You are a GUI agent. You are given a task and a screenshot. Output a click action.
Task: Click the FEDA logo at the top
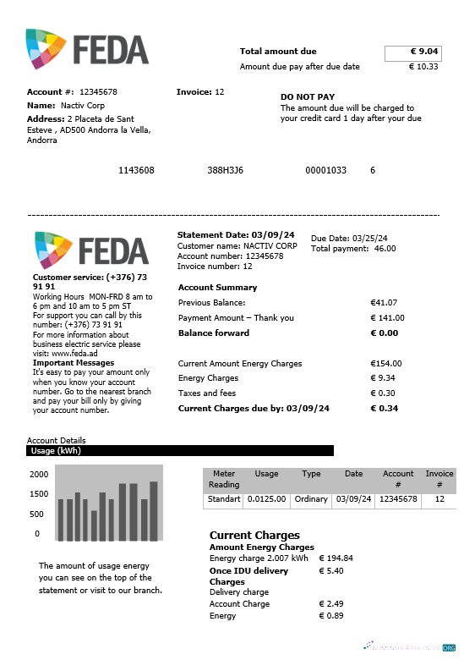point(87,49)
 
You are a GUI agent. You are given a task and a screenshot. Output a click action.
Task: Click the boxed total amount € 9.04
point(412,52)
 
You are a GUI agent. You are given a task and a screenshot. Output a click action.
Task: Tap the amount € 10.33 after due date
point(423,67)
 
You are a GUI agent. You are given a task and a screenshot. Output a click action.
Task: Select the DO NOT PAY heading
point(308,97)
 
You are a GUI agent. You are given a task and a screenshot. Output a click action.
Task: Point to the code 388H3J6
point(225,171)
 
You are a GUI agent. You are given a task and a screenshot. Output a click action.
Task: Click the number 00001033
point(325,171)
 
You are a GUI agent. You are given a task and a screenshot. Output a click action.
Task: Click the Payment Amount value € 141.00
point(388,318)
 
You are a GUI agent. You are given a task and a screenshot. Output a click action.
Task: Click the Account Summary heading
point(217,288)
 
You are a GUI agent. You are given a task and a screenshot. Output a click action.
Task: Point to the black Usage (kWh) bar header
point(180,451)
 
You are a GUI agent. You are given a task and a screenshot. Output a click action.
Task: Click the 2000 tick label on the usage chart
point(40,475)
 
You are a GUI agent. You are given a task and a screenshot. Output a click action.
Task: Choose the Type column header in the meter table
point(311,474)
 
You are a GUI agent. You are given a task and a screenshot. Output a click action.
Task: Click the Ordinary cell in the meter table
point(311,499)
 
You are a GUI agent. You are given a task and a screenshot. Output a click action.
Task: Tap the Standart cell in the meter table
point(223,499)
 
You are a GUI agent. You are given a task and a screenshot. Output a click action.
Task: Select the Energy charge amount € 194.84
point(336,558)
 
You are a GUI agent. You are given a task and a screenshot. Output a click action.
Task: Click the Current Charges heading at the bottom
point(254,536)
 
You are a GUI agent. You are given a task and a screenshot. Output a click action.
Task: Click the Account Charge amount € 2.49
point(331,604)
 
